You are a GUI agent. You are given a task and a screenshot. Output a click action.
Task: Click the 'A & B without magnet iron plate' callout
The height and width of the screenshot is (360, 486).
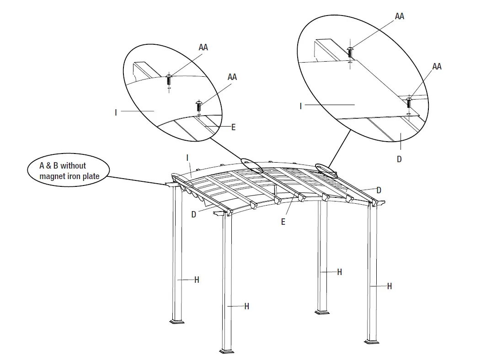click(x=69, y=170)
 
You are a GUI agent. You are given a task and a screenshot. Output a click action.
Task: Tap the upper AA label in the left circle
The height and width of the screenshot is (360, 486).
click(x=203, y=48)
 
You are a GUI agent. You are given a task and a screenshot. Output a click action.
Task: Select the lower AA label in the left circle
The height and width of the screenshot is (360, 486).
click(x=232, y=77)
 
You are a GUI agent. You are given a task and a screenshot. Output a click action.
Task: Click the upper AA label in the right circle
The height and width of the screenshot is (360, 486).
click(x=399, y=16)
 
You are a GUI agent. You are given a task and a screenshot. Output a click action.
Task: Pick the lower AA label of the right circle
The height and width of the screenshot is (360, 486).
click(x=437, y=67)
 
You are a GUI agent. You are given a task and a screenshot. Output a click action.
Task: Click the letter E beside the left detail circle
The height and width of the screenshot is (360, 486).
click(x=233, y=127)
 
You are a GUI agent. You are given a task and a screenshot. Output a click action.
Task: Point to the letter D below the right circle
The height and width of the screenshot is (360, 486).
click(x=399, y=159)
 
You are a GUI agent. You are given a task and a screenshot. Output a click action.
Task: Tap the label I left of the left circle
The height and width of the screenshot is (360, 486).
click(x=116, y=112)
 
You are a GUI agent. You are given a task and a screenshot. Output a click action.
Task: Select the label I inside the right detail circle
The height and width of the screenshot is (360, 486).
click(x=300, y=106)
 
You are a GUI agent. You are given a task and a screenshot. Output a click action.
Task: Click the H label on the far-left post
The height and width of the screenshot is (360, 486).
click(x=197, y=280)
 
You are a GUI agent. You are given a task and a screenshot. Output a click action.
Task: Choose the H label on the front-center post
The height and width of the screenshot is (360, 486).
click(x=246, y=306)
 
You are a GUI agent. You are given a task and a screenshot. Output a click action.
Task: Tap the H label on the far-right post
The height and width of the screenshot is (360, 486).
click(x=389, y=286)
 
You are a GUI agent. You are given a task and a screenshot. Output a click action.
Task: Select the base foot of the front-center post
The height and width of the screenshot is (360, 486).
click(x=228, y=351)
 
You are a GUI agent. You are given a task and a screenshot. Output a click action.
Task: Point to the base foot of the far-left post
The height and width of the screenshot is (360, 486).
click(x=177, y=321)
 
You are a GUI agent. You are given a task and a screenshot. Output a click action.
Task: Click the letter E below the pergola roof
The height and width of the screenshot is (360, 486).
click(x=283, y=222)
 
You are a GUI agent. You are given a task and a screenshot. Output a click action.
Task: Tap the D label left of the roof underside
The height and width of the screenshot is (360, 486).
click(x=194, y=214)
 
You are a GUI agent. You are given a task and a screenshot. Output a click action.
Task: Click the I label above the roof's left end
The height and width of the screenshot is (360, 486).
click(x=187, y=158)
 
